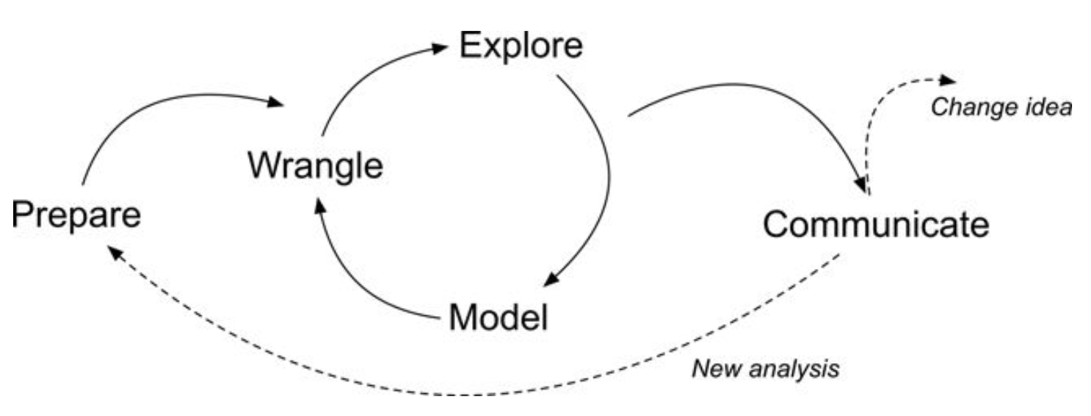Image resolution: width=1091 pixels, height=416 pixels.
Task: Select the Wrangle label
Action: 315,166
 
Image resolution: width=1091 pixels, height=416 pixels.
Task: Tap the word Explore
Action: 521,46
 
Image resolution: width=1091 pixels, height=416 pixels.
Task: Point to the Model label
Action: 499,318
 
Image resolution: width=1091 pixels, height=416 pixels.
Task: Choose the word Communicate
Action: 876,224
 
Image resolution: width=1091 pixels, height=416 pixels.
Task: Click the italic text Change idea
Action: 1001,107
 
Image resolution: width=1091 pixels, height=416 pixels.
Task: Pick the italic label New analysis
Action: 766,367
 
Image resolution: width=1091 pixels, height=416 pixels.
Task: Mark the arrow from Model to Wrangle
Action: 352,287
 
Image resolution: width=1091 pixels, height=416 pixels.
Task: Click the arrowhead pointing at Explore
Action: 438,48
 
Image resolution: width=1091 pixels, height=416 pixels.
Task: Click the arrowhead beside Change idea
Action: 950,79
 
